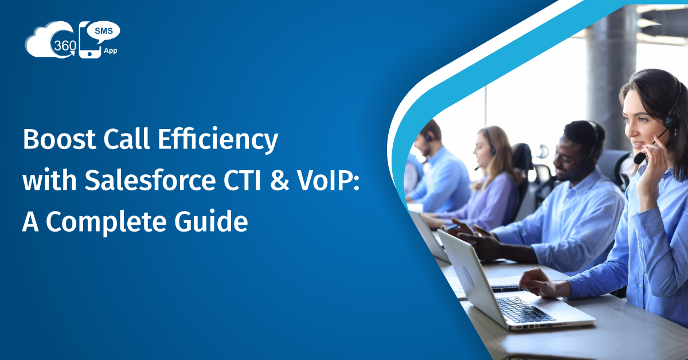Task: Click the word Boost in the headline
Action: [59, 139]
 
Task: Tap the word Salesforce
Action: [150, 180]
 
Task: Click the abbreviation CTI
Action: [242, 181]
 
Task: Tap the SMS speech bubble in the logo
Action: [104, 32]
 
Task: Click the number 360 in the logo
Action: [65, 46]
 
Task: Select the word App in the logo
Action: [110, 50]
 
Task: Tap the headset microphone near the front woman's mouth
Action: [640, 158]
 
